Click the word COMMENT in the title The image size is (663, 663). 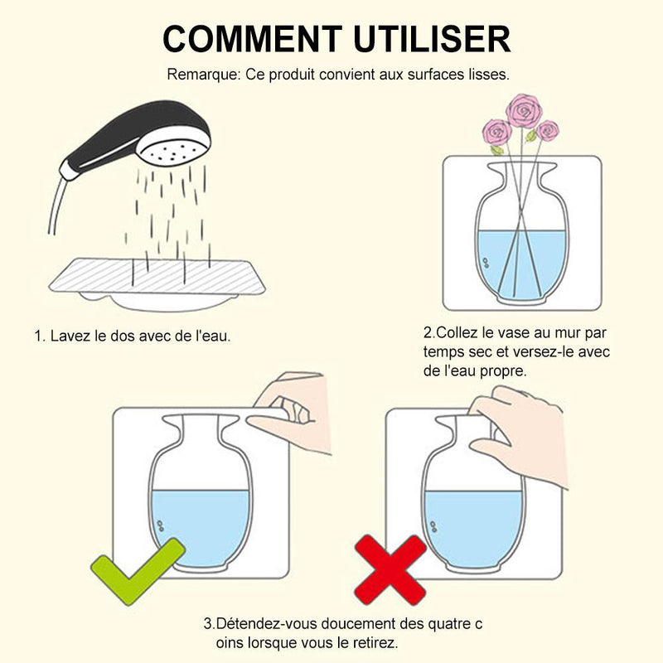tap(253, 39)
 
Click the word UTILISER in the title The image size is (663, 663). tap(432, 39)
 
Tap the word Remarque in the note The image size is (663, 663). tap(204, 75)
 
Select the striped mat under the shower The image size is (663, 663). tap(157, 276)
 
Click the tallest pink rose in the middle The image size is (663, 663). tap(525, 111)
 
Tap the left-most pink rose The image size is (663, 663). tap(496, 133)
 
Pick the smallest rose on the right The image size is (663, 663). tap(548, 131)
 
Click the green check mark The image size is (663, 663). tap(138, 572)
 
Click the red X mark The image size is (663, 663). tap(390, 570)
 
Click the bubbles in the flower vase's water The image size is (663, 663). tap(486, 263)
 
